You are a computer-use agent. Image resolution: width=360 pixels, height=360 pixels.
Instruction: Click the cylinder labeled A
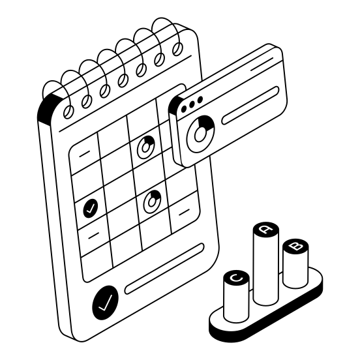click(266, 263)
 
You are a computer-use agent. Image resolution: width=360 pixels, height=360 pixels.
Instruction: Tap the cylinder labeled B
click(295, 263)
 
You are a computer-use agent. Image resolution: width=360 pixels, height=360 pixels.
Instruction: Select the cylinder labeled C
click(236, 296)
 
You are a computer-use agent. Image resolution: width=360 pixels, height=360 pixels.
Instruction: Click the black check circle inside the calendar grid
click(91, 208)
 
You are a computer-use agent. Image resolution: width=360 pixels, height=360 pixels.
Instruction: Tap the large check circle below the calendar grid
click(106, 303)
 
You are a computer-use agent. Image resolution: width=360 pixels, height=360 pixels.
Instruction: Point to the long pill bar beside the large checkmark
click(164, 269)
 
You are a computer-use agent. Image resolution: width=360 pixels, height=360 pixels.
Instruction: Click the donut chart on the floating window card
click(200, 134)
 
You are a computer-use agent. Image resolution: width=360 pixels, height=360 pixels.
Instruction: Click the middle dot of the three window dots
click(192, 104)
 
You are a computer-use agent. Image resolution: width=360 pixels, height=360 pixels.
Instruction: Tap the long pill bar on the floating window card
click(250, 106)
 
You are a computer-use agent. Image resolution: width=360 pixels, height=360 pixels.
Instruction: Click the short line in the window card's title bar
click(262, 64)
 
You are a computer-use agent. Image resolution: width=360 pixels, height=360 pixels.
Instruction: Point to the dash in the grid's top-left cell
click(85, 154)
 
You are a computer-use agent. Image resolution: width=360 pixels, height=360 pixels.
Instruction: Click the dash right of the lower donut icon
click(185, 213)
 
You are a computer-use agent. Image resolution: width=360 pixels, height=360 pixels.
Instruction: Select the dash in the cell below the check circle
click(94, 235)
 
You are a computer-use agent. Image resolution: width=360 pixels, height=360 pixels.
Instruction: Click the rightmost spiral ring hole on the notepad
click(177, 49)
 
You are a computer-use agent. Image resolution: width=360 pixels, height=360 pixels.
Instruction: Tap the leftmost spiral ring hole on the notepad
click(68, 112)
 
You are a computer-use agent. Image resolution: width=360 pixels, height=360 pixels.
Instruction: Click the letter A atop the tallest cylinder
click(266, 229)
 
